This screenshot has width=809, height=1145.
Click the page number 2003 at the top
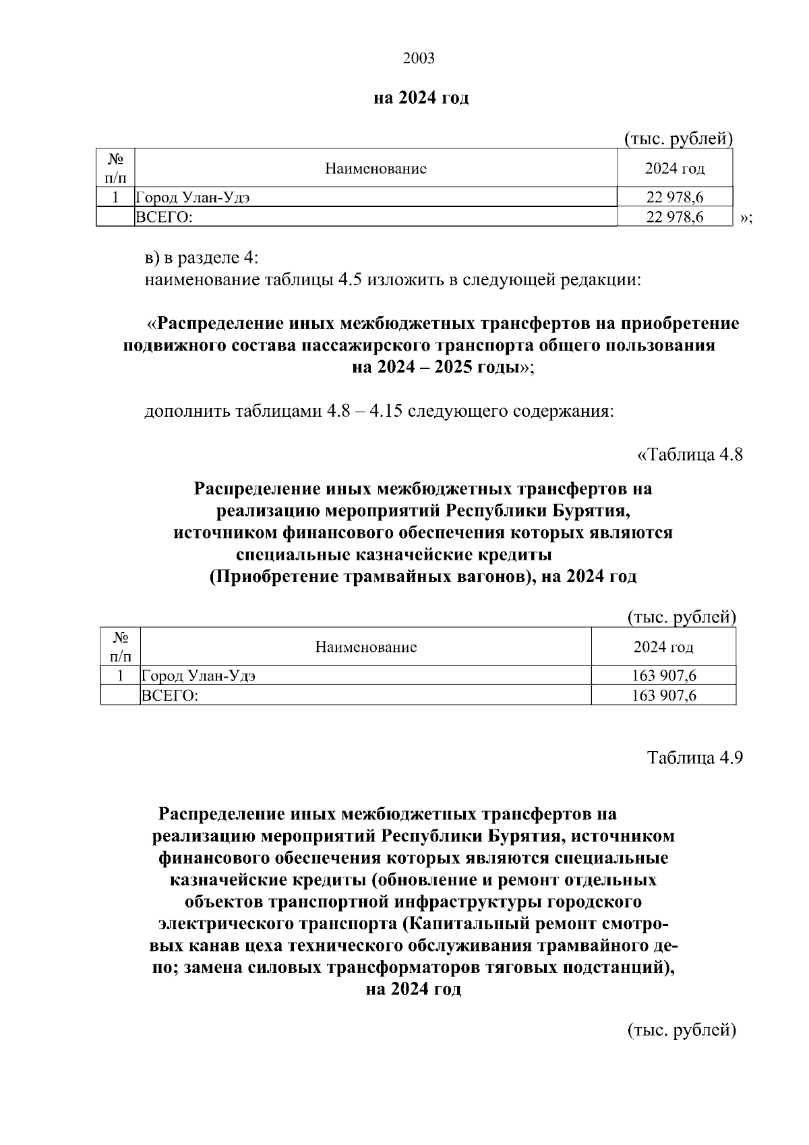419,58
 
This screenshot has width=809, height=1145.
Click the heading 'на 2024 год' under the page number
421,98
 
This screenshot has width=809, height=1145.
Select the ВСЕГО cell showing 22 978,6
675,217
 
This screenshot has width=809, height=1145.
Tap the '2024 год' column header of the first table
675,169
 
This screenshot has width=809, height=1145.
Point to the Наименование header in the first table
376,169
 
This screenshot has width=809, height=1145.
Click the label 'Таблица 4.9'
695,757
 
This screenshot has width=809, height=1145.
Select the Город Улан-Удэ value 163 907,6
664,676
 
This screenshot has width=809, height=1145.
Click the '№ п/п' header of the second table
120,647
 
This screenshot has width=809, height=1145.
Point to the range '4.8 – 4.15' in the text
365,411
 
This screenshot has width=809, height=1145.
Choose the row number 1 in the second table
120,676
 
